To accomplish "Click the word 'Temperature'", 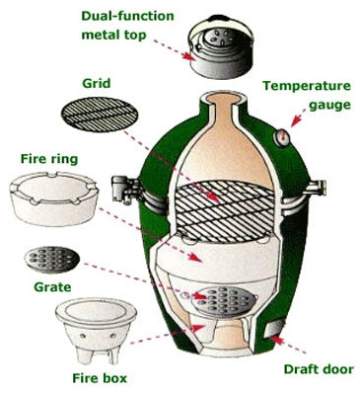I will tap(308, 86).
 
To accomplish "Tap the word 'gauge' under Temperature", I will tap(320, 104).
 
